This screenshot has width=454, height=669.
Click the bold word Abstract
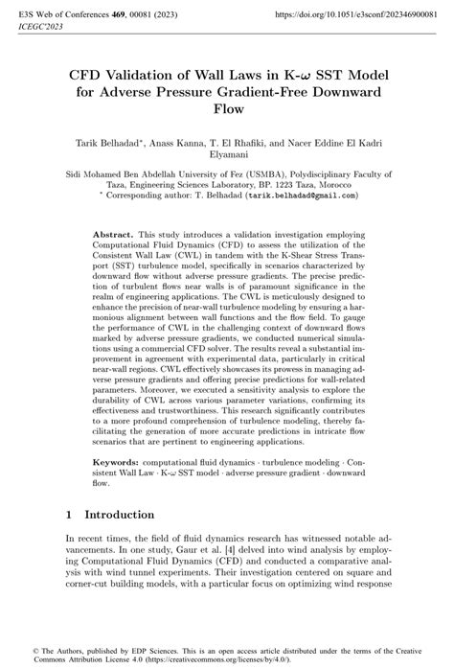(x=114, y=234)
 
